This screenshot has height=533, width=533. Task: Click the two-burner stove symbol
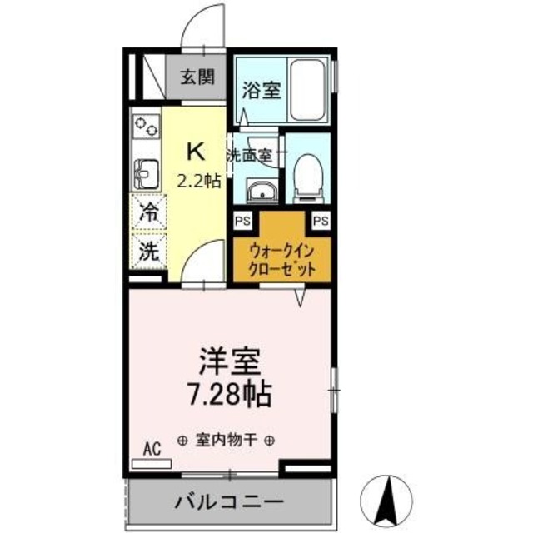146,127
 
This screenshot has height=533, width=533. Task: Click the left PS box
243,220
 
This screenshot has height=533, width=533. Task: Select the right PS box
321,220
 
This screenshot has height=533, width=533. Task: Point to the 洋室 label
231,363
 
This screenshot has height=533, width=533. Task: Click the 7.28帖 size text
231,393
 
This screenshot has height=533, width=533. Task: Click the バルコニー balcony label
230,502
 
